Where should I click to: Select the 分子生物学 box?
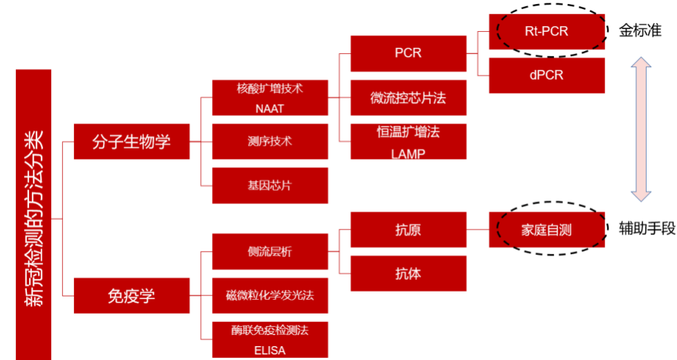pos(131,142)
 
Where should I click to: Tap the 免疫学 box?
pos(131,296)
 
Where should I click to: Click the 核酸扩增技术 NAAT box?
pos(269,98)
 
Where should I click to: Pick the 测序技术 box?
pos(269,141)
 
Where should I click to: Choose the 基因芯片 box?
pos(269,185)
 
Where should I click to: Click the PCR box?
pos(408,53)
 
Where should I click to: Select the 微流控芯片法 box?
pos(408,98)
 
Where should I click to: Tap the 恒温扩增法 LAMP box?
pos(408,142)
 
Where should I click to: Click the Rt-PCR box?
pos(546,31)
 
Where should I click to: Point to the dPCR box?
pos(546,75)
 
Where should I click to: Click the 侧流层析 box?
pos(269,252)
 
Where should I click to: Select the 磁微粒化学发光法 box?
pos(269,296)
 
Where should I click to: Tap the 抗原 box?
pos(408,230)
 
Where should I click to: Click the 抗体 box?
pos(408,274)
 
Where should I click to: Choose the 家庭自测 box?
pos(546,230)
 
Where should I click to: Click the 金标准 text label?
pos(639,31)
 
